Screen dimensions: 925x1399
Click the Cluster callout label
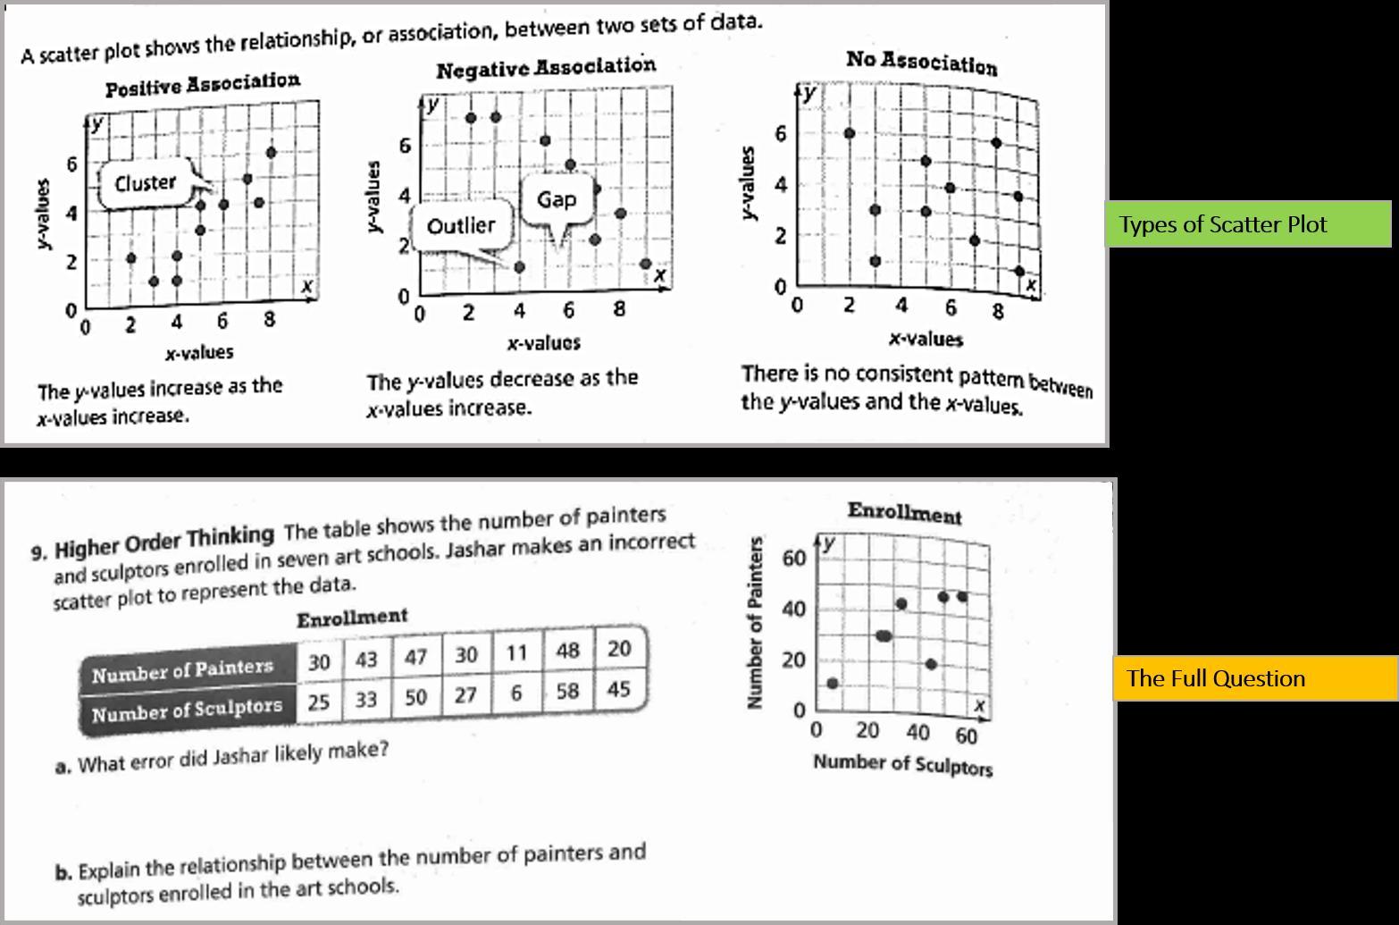[x=146, y=183]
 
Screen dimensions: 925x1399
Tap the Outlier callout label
[x=460, y=226]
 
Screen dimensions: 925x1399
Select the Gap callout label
[x=557, y=199]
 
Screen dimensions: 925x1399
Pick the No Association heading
[x=921, y=63]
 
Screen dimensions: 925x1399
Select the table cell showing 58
[x=567, y=692]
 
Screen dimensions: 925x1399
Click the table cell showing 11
[x=516, y=652]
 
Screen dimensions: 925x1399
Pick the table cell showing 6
[x=515, y=694]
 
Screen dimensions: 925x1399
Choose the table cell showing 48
[x=567, y=651]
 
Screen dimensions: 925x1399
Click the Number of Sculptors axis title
[x=902, y=765]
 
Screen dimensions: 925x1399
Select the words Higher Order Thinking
[x=164, y=542]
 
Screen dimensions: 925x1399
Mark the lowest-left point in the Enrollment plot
[x=833, y=684]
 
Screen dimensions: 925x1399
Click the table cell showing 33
[x=366, y=699]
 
